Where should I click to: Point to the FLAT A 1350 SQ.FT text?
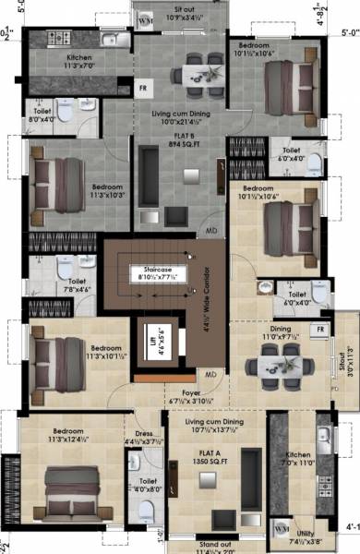205,452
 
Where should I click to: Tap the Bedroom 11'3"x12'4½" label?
70,434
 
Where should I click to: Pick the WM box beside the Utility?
282,526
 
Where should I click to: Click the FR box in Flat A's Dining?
320,330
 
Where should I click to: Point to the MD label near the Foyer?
210,374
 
